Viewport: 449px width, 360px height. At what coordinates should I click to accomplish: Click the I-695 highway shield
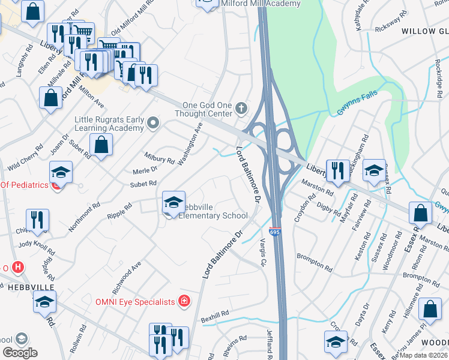274,232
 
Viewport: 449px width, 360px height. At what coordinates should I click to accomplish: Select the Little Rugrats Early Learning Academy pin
153,124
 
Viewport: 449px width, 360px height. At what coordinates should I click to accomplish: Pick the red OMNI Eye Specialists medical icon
185,301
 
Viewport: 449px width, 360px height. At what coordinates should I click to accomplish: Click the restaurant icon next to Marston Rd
338,170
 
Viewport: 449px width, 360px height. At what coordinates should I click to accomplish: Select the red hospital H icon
18,267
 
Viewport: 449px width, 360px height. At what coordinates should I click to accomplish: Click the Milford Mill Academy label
260,4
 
